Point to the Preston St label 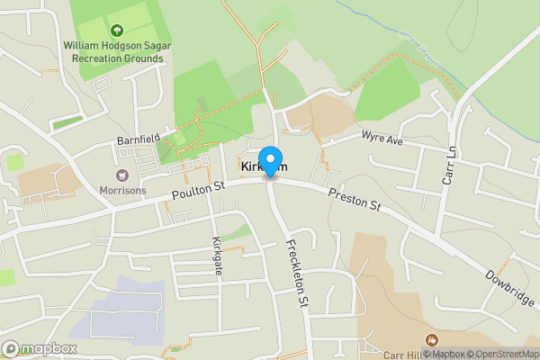[355, 201]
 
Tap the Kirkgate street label [217, 257]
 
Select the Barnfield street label [137, 139]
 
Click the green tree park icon [114, 29]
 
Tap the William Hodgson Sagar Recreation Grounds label [113, 51]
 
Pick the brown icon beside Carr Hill [431, 339]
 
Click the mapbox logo [40, 348]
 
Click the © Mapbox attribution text [440, 354]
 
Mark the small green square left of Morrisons [14, 162]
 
